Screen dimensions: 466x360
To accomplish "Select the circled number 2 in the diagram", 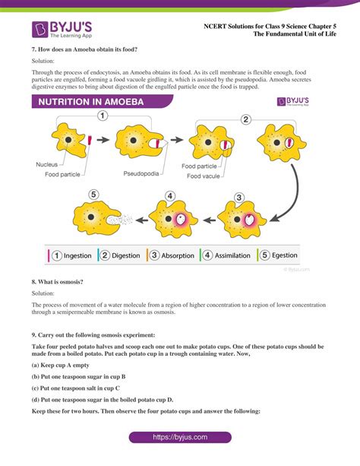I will coord(245,119).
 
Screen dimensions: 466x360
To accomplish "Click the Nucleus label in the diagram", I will coord(47,164).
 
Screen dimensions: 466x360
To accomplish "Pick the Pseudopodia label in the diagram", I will coord(141,174).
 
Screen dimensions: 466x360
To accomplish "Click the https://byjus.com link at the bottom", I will coord(179,439).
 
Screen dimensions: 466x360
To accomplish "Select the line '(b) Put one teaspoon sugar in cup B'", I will coord(78,376).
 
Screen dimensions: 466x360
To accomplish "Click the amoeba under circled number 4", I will coord(171,220).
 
